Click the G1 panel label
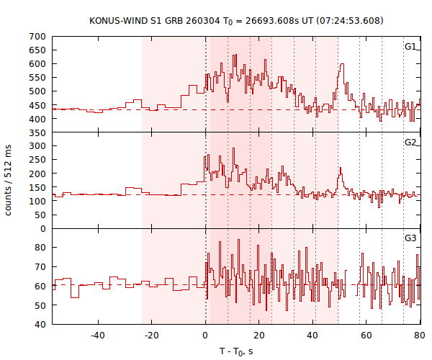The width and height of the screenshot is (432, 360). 410,47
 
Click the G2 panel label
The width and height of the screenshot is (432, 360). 410,143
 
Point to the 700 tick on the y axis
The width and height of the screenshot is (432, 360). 38,36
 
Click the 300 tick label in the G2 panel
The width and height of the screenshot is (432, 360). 38,146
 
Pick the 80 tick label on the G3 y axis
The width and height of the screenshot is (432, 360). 40,248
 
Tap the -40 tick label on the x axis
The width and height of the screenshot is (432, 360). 98,336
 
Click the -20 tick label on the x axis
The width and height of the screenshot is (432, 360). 152,336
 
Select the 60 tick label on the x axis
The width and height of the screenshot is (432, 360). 366,336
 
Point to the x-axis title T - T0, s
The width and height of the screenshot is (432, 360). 236,351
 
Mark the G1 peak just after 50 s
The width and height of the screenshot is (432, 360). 342,64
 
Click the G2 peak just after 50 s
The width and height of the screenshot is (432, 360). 340,168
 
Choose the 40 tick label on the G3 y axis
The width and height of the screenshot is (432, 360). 40,325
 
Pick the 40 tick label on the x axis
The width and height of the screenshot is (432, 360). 312,336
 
